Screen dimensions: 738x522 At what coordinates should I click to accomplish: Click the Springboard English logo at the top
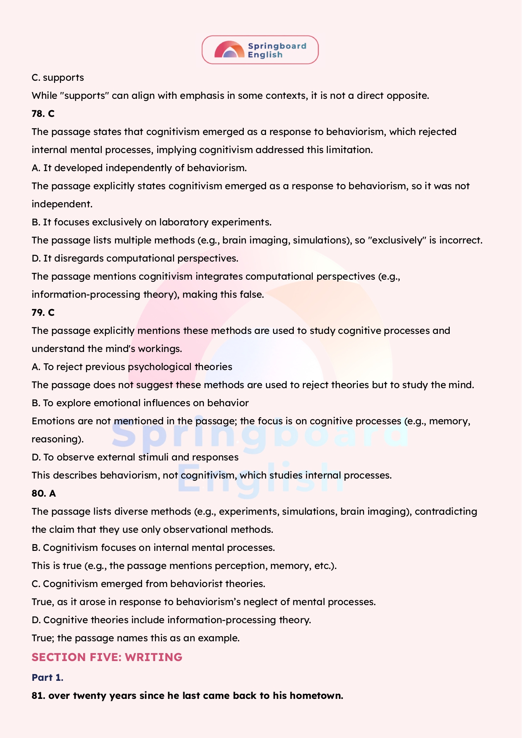(260, 50)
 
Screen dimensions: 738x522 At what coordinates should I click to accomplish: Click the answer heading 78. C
(43, 114)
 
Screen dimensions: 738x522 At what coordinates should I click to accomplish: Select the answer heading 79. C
(43, 312)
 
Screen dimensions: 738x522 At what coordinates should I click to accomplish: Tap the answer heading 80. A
(44, 493)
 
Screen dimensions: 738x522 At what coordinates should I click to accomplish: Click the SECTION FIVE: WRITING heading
(107, 657)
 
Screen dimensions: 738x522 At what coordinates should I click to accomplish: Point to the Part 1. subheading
(47, 677)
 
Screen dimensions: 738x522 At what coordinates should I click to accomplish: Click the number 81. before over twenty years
(38, 696)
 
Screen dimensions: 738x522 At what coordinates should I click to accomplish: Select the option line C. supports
(58, 78)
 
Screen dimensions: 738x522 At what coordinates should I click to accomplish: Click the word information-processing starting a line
(86, 294)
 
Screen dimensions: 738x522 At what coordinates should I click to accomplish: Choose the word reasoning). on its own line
(58, 439)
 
